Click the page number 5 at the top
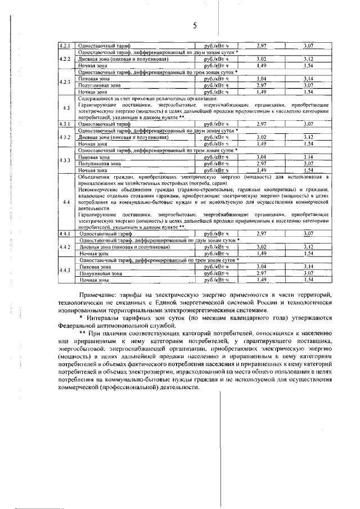(195, 26)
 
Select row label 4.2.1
(66, 45)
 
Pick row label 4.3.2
(66, 137)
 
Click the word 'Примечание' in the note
(99, 295)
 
